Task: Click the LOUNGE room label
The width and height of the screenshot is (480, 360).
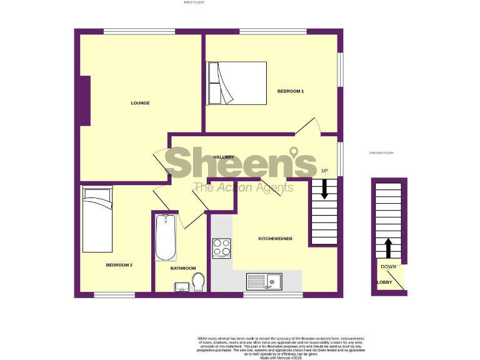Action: tap(140, 102)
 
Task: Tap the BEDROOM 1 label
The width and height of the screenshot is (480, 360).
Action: tap(290, 91)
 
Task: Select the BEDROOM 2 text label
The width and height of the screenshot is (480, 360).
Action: tap(119, 265)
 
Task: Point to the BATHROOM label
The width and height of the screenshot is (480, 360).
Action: tap(183, 268)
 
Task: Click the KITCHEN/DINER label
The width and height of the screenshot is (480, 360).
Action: tap(276, 239)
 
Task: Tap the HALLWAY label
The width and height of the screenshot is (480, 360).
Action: tap(224, 157)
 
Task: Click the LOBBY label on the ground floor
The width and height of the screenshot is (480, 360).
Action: tap(384, 282)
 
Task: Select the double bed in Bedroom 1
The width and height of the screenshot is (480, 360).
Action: tap(237, 82)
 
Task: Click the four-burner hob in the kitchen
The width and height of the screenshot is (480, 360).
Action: tap(221, 248)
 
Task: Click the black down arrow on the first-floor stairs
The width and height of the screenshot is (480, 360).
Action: tap(324, 189)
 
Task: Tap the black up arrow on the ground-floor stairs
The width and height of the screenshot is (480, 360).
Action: tap(388, 247)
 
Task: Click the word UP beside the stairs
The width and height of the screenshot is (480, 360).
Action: tap(324, 171)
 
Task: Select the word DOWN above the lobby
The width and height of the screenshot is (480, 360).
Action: tap(388, 267)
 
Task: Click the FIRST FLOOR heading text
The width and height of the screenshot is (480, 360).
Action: tap(194, 2)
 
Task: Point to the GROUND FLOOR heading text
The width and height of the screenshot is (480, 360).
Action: tap(381, 153)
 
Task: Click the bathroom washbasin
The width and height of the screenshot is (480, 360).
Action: tap(182, 287)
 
